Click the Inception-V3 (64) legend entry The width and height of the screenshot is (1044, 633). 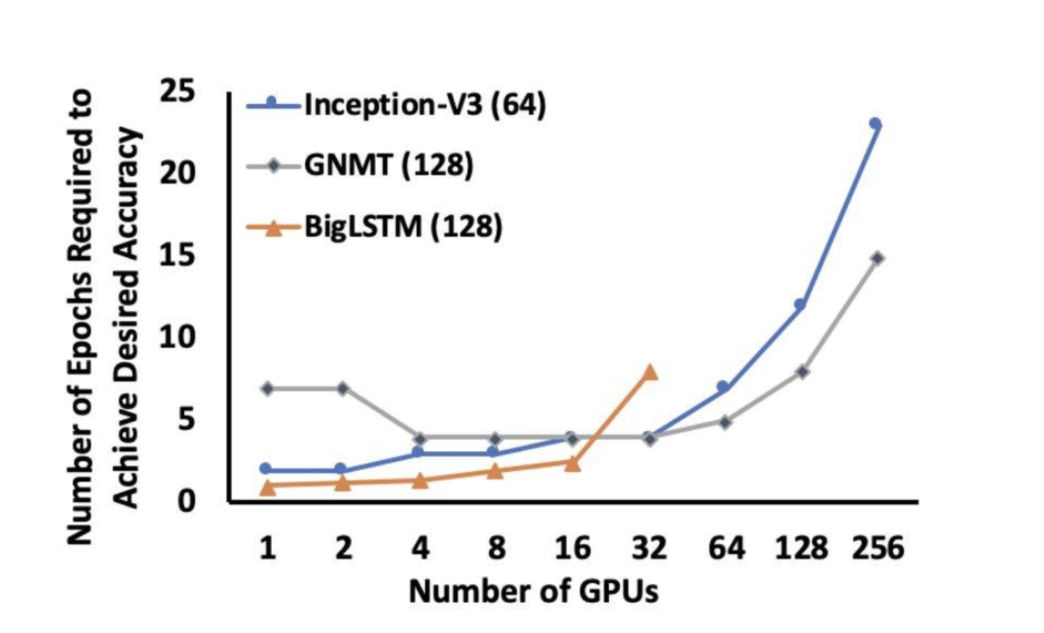pyautogui.click(x=424, y=105)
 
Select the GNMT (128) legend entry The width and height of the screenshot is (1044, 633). pyautogui.click(x=388, y=166)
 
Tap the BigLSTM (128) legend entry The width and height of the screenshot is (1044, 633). pyautogui.click(x=403, y=227)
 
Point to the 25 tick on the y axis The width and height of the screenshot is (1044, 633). pyautogui.click(x=177, y=91)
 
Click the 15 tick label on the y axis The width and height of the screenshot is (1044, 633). pyautogui.click(x=177, y=255)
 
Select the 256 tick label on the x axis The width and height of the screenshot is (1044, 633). pyautogui.click(x=877, y=547)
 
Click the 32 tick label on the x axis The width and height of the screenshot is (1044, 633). pyautogui.click(x=649, y=547)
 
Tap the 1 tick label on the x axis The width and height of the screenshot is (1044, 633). pyautogui.click(x=267, y=547)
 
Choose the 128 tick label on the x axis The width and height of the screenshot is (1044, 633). pyautogui.click(x=801, y=547)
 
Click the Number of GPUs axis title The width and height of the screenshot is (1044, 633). pyautogui.click(x=533, y=592)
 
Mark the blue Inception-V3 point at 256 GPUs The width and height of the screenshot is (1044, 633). pyautogui.click(x=875, y=124)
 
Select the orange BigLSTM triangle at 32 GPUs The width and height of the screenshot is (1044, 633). pyautogui.click(x=650, y=372)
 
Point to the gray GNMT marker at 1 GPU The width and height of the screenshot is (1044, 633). pyautogui.click(x=267, y=388)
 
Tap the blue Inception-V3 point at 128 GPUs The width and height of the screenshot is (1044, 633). pyautogui.click(x=800, y=305)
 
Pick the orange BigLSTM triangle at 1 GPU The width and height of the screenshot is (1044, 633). pyautogui.click(x=267, y=486)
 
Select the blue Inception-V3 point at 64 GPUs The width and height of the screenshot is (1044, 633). pyautogui.click(x=722, y=387)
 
